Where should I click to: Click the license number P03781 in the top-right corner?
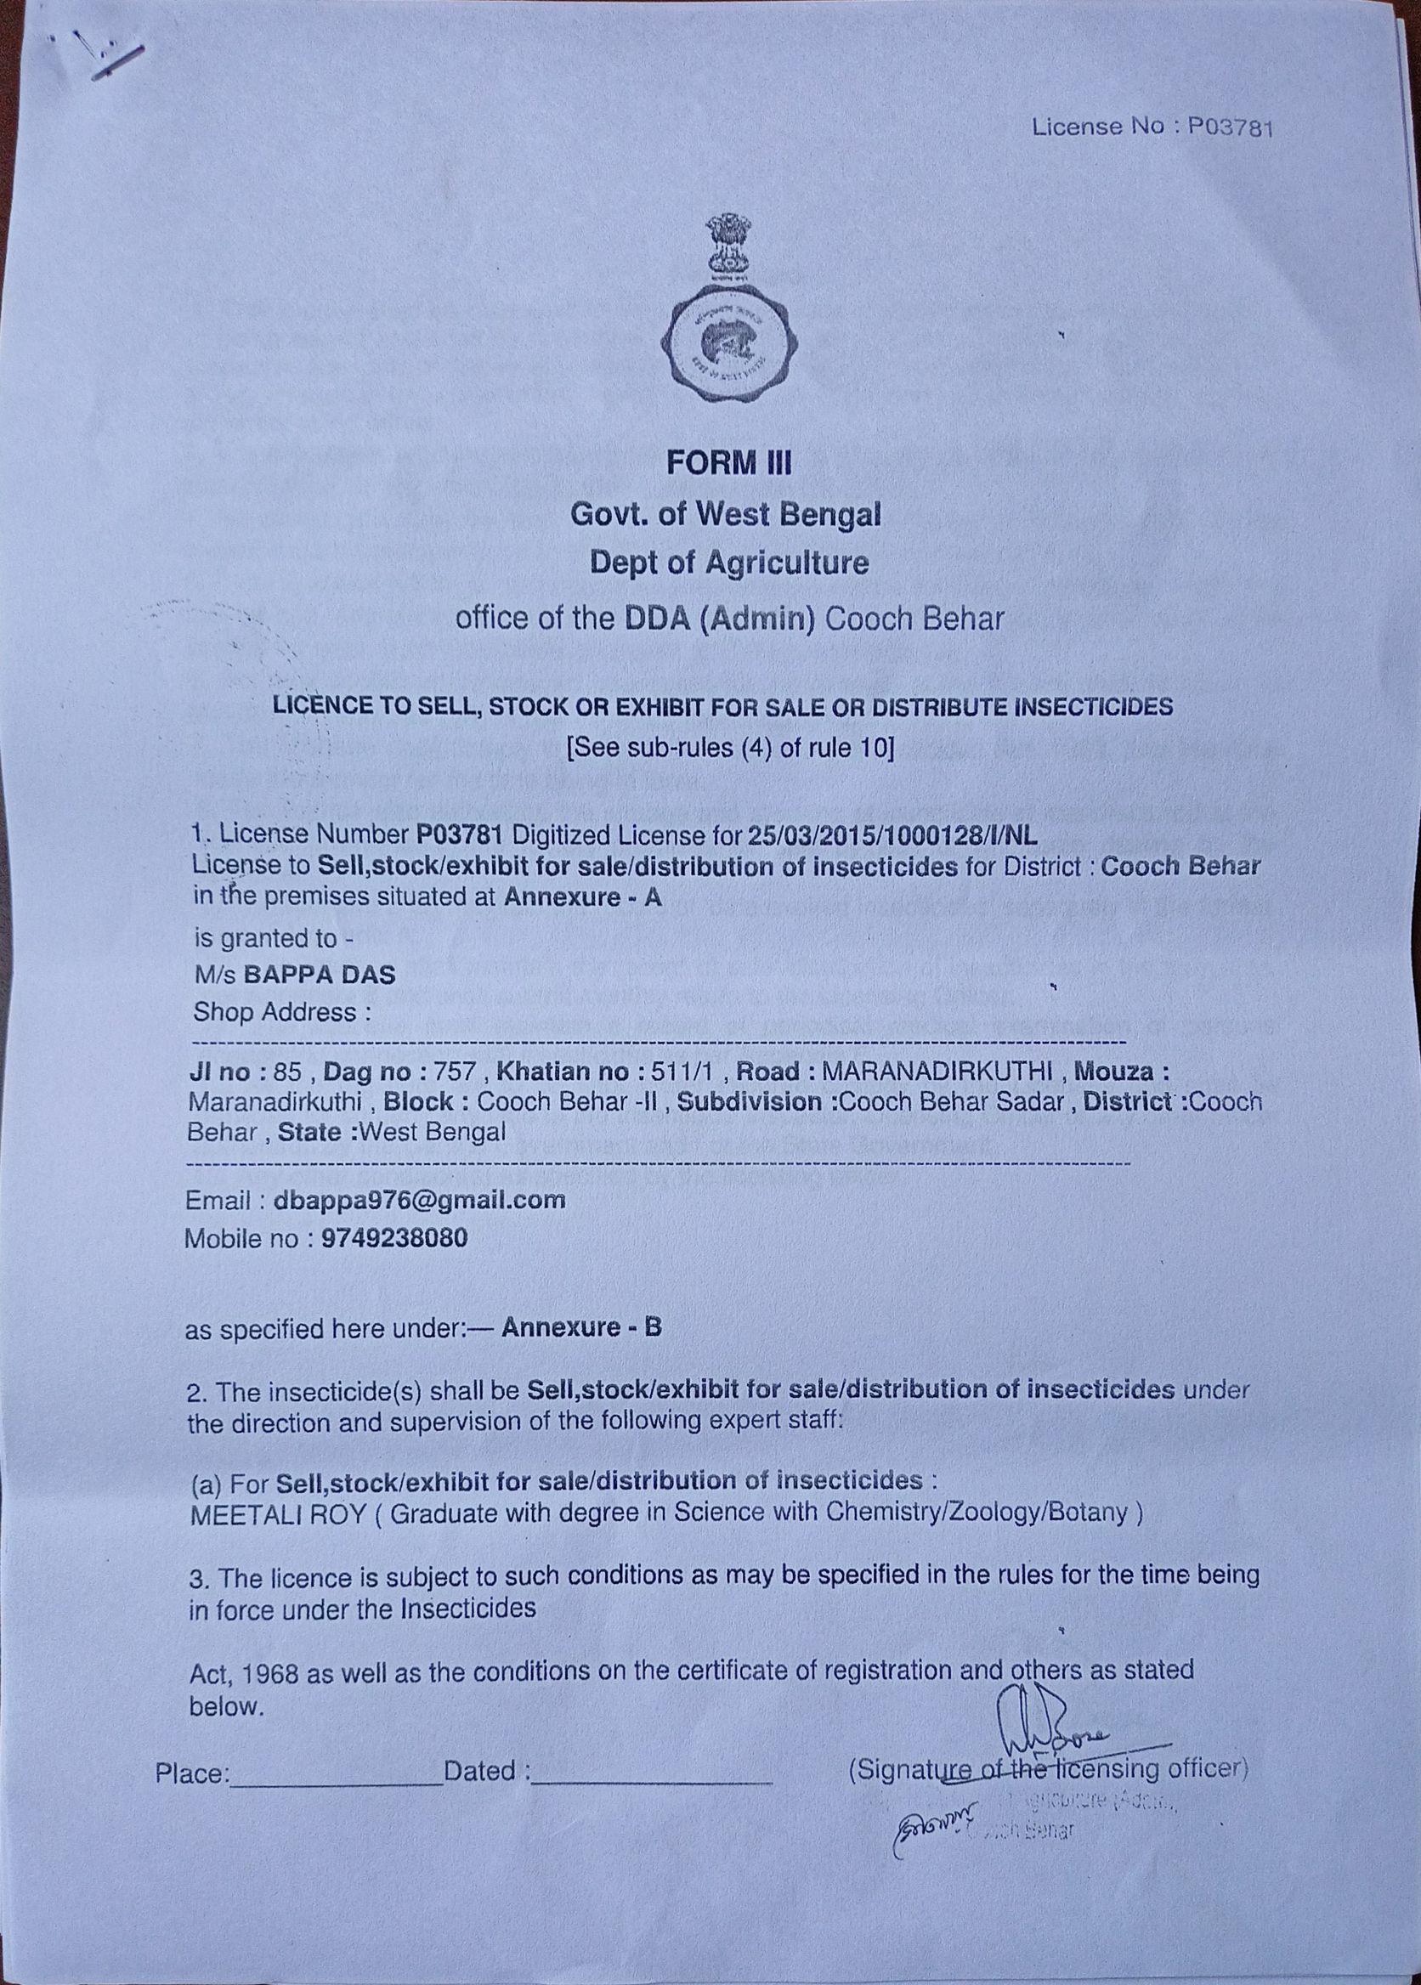coord(1230,127)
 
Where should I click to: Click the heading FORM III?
coord(728,463)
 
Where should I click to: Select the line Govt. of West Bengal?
coord(726,514)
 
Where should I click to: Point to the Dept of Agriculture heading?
coord(729,563)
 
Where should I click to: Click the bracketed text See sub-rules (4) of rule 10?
coord(731,749)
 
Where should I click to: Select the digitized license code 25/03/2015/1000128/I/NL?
coord(892,836)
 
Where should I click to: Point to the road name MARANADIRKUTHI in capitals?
coord(933,1072)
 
